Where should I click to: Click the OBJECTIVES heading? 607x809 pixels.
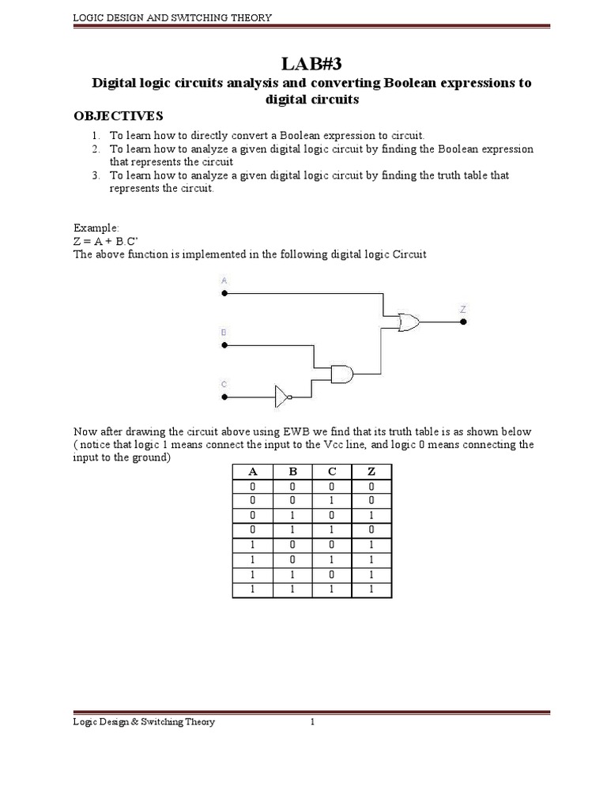coord(118,116)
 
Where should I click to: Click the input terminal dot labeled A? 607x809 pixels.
coord(224,293)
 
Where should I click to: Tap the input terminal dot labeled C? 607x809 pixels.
coord(224,397)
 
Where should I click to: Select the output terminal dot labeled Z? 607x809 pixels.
coord(464,322)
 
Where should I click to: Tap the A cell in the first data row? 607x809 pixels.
coord(253,487)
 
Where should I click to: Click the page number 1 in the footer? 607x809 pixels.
coord(313,722)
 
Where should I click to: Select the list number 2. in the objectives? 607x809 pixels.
coord(95,149)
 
